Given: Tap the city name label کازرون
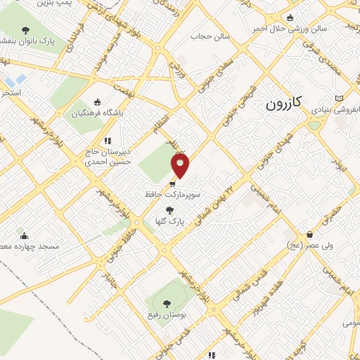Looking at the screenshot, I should point(284,104).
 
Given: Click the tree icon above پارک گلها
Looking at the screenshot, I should point(168,210).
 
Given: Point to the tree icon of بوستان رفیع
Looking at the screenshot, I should point(167,304).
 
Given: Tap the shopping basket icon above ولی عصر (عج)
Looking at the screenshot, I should point(309,235).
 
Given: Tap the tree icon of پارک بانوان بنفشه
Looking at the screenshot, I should point(26,30).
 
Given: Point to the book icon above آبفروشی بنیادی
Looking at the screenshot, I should point(340,98).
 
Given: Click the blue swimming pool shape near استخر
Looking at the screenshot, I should point(19,79).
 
